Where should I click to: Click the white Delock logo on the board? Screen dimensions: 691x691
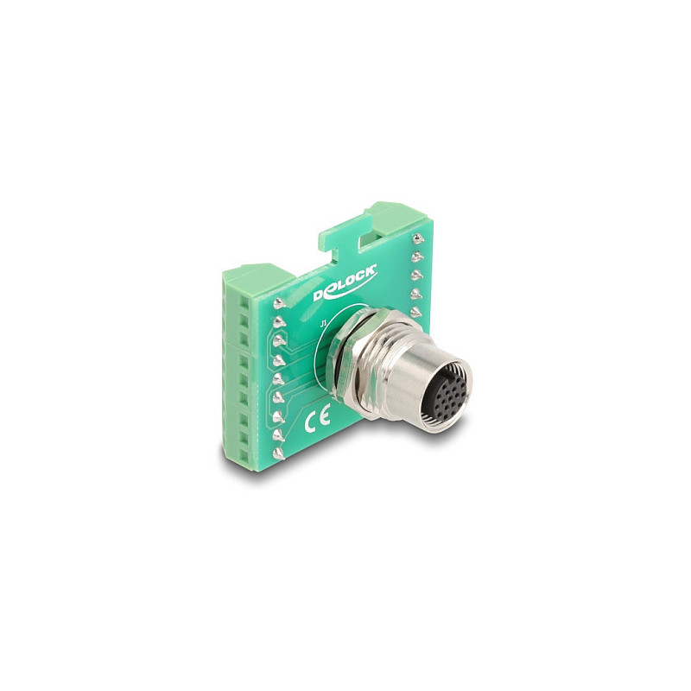click(345, 283)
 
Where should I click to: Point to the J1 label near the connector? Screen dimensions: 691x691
click(323, 325)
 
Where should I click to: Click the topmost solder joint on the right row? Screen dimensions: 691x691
click(415, 238)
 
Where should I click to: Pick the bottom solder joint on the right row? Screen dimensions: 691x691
click(416, 312)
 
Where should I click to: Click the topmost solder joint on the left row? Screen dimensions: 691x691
click(279, 303)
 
